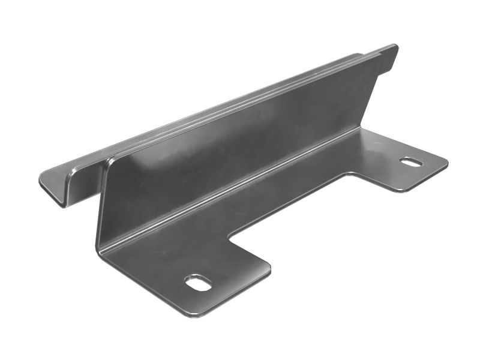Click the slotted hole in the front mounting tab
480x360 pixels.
(x=198, y=282)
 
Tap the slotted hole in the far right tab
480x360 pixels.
(x=412, y=162)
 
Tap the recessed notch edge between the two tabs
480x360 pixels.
(x=288, y=204)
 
